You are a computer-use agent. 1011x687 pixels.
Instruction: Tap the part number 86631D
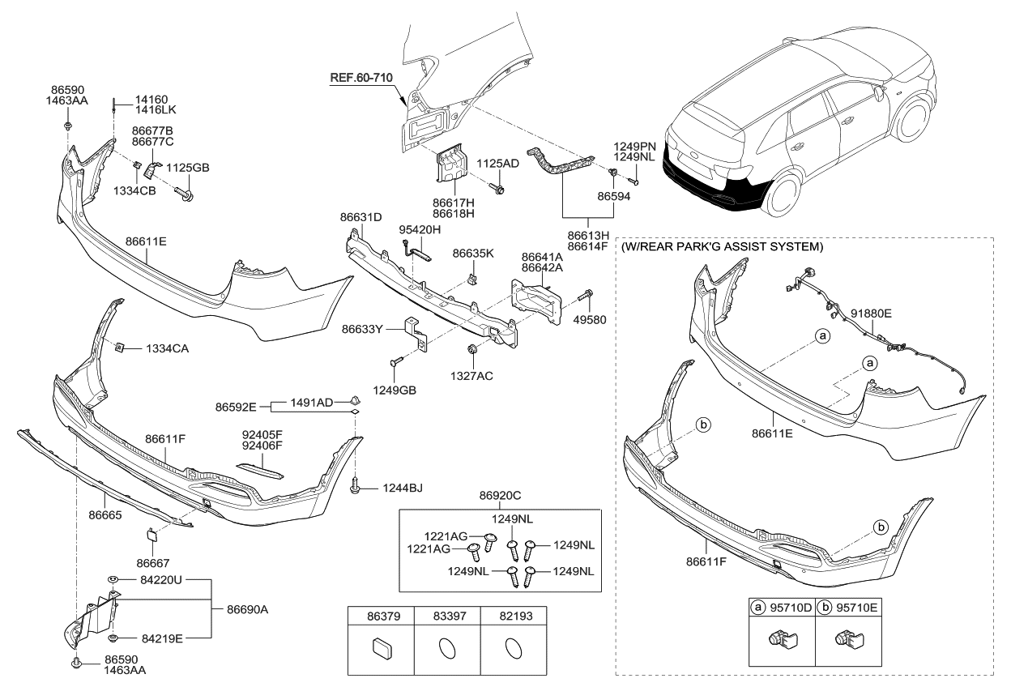tap(360, 217)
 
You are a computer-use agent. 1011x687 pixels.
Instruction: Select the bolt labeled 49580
tap(588, 297)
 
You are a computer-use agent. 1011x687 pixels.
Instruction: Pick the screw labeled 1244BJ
tap(356, 487)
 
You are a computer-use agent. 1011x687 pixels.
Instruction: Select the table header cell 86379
tap(380, 617)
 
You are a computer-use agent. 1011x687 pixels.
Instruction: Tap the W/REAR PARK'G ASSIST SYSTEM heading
tap(722, 245)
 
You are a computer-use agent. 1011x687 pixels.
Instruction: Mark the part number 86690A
tap(248, 608)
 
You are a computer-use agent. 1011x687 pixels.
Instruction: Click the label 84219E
tap(162, 638)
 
